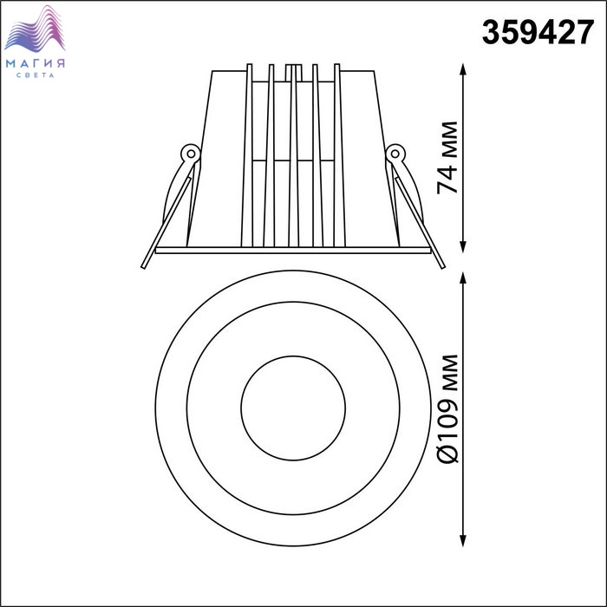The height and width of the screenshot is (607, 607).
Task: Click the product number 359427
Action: click(538, 33)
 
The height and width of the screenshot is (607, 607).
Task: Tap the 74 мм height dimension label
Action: click(447, 158)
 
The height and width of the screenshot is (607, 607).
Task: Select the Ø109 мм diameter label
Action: click(447, 408)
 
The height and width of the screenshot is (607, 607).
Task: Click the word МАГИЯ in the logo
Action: click(36, 63)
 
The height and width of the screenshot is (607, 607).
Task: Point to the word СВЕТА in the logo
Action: click(36, 75)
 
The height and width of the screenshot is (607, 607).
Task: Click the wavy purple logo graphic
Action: click(35, 29)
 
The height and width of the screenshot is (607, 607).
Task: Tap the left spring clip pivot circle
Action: click(191, 153)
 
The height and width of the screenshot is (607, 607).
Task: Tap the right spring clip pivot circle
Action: click(395, 153)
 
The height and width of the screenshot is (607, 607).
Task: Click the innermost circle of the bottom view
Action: click(293, 356)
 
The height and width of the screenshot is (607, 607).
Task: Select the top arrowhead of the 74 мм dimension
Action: click(462, 69)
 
